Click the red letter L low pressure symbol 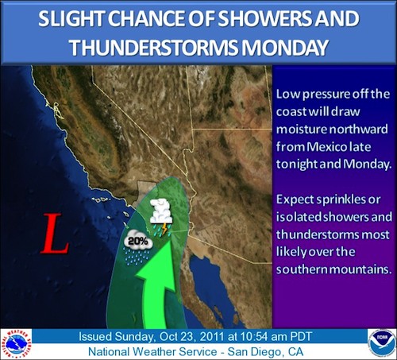coord(55,233)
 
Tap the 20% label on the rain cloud coord(138,241)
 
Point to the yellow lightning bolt coord(164,230)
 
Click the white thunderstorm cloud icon coord(161,211)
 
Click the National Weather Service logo coord(16,344)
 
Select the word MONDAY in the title coord(285,48)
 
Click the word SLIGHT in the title coord(71,18)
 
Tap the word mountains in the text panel coord(360,269)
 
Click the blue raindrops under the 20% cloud coord(137,256)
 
